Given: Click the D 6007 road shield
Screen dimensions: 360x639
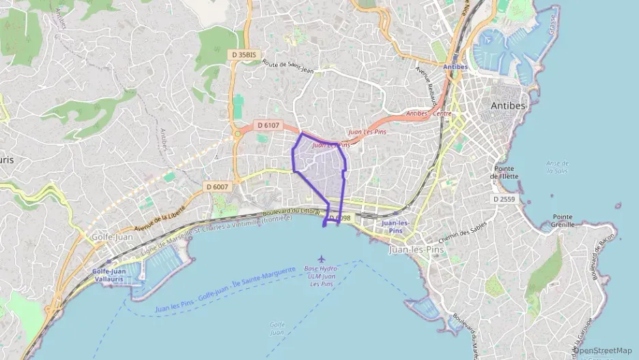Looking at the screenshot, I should (217, 186).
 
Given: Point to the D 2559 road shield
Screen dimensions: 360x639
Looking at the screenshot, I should (504, 199).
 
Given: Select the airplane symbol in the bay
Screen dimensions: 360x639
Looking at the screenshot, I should (322, 258).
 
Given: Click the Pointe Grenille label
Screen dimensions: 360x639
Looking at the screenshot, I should (563, 221).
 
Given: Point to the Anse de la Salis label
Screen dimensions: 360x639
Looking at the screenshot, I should (558, 167).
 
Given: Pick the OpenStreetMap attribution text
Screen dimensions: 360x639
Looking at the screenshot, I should (603, 350).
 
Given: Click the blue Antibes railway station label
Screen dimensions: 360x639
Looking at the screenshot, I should (455, 67).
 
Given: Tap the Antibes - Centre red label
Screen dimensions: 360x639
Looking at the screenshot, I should (429, 113).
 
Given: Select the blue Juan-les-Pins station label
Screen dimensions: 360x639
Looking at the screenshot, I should (395, 227).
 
